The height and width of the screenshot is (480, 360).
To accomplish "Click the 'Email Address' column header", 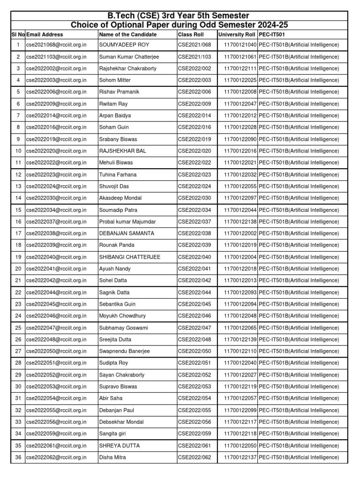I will pos(45,35).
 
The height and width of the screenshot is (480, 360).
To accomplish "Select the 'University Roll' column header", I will pos(237,35).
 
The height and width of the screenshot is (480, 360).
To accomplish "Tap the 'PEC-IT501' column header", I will pos(271,35).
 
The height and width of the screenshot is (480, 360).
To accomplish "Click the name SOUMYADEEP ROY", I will pos(121,45).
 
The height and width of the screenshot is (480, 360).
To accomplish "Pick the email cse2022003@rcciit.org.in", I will pos(56,80).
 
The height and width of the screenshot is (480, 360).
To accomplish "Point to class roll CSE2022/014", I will pos(195,115).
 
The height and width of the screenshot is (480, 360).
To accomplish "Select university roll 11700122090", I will pos(240,139).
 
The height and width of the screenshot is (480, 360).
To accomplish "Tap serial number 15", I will pos(18,210).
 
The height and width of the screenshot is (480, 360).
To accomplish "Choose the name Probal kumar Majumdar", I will pos(127,222).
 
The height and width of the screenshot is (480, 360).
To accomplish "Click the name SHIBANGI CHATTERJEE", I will pos(130,257).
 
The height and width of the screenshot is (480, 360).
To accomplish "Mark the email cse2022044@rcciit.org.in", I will pos(56,292).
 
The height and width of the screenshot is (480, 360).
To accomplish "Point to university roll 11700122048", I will pos(240,316).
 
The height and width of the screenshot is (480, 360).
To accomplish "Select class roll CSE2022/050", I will pos(195,351).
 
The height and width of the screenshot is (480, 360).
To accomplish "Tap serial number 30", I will pos(18,387).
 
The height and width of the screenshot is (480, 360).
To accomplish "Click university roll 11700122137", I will pos(240,457).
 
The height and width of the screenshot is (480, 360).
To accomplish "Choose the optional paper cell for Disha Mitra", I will pos(299,457).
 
